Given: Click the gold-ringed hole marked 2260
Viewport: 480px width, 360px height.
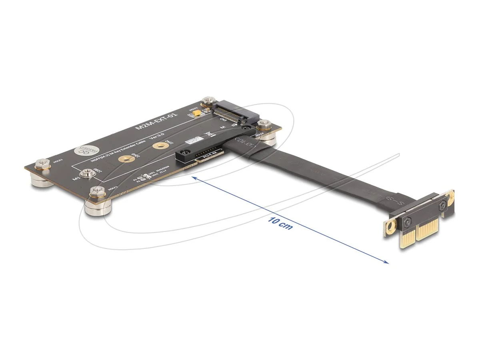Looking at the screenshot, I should tap(159, 146).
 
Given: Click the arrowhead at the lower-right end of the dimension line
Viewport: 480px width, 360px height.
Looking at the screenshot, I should tap(386, 262).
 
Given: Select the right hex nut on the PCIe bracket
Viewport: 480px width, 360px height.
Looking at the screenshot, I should tap(442, 206).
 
